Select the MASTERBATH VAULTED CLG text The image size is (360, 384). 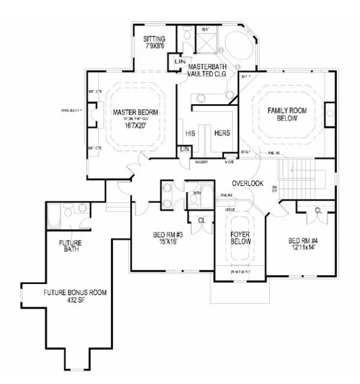tap(207, 71)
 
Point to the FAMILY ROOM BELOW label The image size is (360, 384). tap(282, 114)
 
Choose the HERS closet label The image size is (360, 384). tap(222, 133)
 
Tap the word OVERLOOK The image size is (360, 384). tap(248, 183)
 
